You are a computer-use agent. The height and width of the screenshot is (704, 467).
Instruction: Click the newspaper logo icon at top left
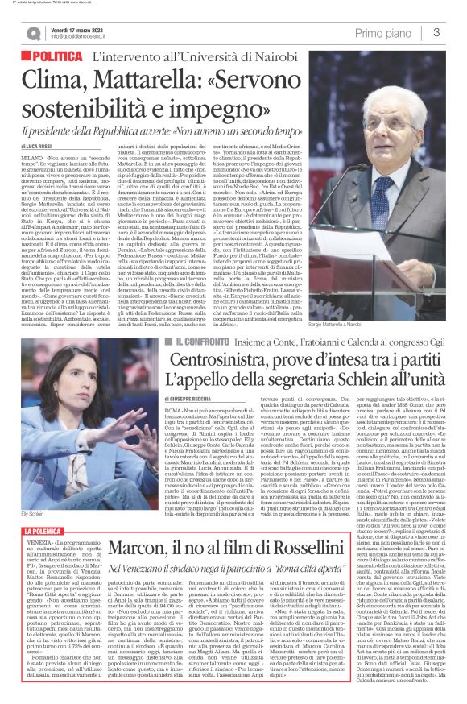pyautogui.click(x=32, y=33)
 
